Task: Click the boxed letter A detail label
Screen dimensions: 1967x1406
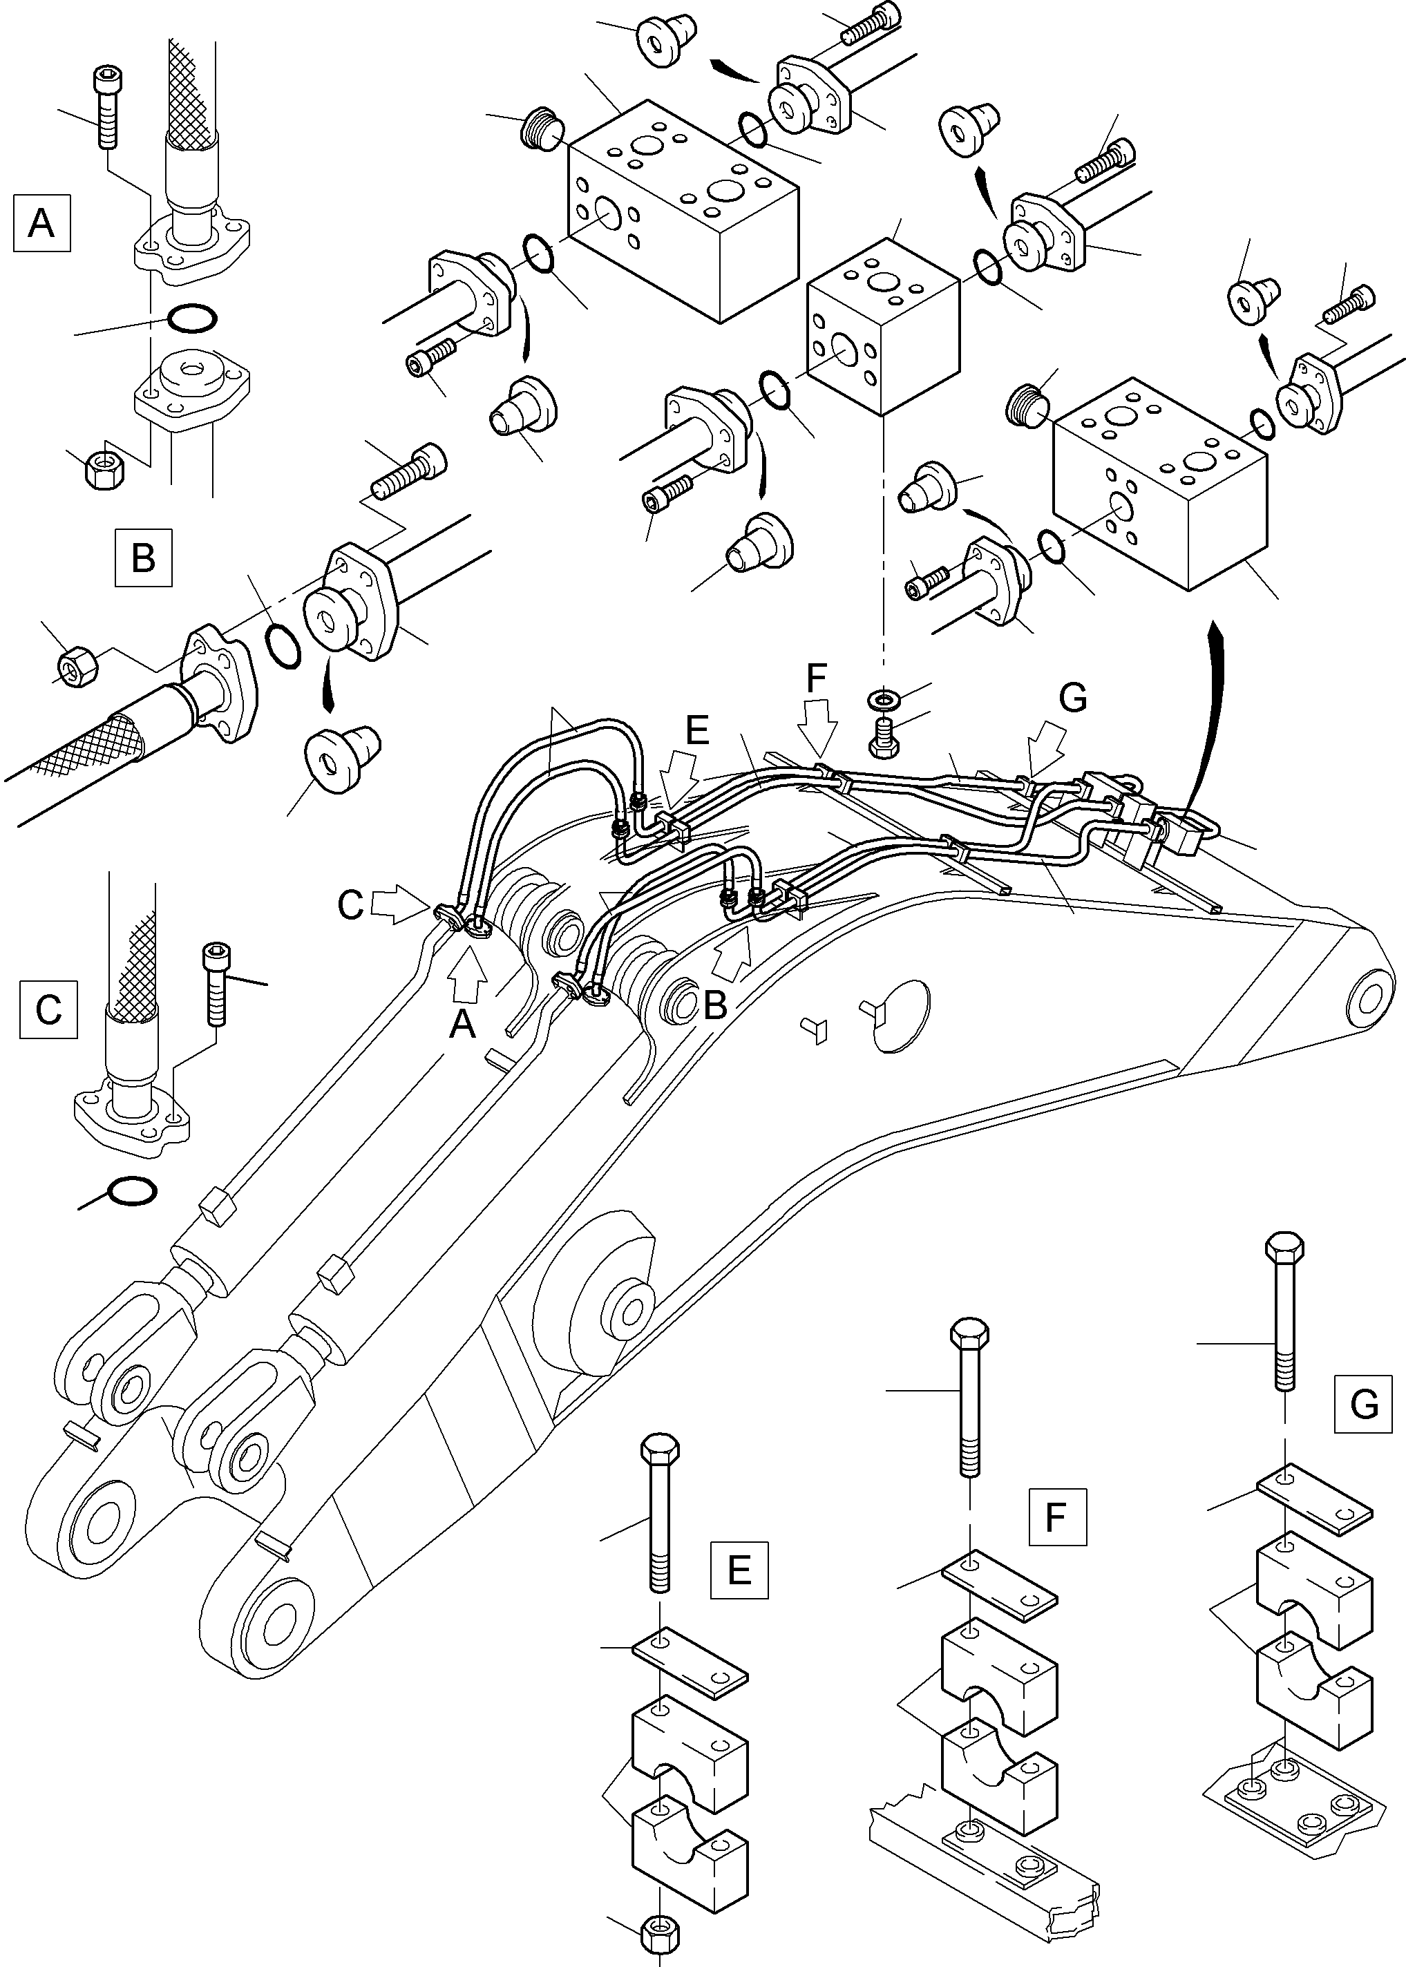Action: point(41,223)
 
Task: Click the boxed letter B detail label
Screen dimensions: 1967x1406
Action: point(144,558)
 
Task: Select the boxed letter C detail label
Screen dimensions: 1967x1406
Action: point(48,1009)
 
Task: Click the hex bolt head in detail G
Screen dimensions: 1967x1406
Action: point(1285,1248)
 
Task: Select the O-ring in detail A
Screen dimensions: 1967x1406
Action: point(191,319)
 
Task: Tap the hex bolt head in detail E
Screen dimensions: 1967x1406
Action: point(660,1448)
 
